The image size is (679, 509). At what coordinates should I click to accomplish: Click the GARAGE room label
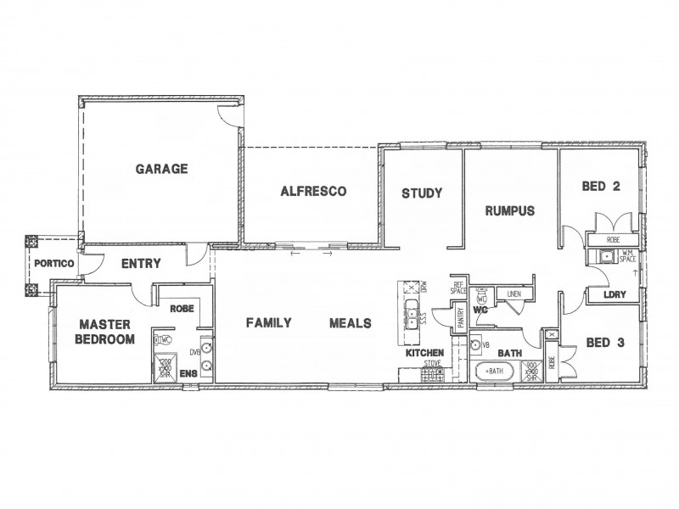pos(161,169)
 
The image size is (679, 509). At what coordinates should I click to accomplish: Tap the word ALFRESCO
pos(313,192)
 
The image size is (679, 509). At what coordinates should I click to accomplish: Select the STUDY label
pos(422,193)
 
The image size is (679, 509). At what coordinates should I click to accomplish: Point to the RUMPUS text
pos(509,210)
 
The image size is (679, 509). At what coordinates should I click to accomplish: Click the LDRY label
pos(614,294)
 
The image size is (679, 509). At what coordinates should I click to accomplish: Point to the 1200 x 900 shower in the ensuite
pos(166,366)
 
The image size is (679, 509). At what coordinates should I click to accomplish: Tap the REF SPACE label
pos(459,288)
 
